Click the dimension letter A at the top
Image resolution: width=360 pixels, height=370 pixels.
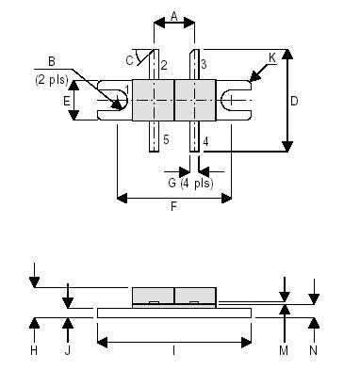coord(174,16)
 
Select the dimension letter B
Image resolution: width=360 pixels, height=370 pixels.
coord(51,62)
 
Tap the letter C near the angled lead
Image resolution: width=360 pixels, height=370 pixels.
coord(129,60)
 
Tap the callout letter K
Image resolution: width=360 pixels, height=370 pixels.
coord(272,58)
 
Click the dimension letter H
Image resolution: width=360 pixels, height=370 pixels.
coord(34,350)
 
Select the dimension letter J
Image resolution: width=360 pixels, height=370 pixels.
coord(67,350)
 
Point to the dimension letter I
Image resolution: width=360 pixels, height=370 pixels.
coord(174,350)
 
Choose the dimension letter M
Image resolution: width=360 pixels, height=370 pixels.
coord(284,350)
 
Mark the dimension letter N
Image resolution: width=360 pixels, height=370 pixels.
coord(316,350)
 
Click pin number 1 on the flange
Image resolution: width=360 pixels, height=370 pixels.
coord(125,90)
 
